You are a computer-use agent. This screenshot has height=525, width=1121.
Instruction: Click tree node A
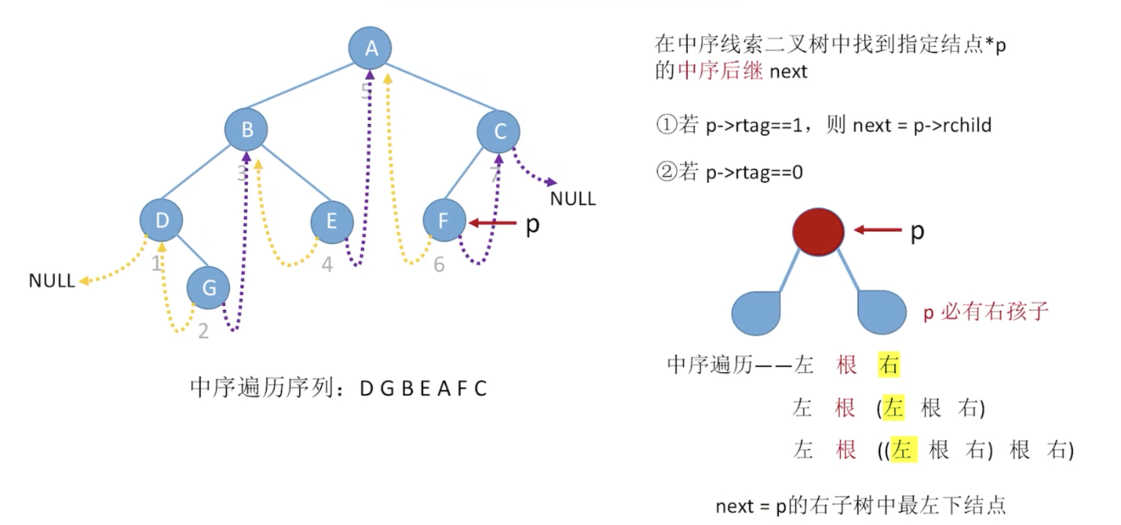[x=371, y=47]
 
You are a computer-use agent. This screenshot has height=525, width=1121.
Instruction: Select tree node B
[x=246, y=129]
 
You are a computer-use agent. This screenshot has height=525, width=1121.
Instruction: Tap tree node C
[x=499, y=131]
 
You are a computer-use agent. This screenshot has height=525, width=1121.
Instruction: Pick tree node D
[x=161, y=220]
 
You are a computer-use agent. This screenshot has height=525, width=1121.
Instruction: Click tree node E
[x=332, y=222]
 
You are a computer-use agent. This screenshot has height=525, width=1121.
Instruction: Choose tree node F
[x=444, y=221]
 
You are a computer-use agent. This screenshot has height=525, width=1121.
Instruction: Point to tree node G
[x=208, y=287]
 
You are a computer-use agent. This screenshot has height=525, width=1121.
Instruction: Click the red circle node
[x=818, y=231]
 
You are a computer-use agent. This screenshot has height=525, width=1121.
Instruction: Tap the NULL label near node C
[x=573, y=199]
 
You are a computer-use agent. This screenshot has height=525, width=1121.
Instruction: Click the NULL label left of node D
[x=51, y=281]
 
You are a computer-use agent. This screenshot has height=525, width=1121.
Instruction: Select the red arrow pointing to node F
[x=492, y=224]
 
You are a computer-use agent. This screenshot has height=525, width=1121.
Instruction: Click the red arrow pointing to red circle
[x=878, y=230]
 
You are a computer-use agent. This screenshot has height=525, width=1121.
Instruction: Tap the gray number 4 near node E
[x=327, y=264]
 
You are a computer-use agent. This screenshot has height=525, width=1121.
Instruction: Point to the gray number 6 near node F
[x=440, y=264]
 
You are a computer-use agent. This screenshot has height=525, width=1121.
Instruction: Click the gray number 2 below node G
[x=204, y=331]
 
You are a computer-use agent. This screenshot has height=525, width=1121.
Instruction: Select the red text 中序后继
[x=720, y=70]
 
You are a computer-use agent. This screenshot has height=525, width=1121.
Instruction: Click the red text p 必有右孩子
[x=986, y=312]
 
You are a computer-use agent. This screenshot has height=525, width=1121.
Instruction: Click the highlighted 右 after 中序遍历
[x=888, y=365]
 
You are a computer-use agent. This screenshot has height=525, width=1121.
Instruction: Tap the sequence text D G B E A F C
[x=423, y=389]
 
